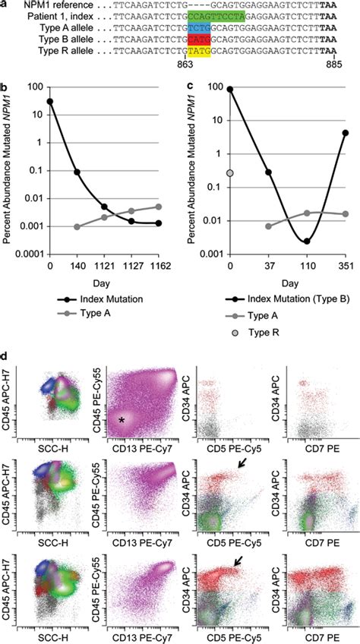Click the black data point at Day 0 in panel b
(50, 101)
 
